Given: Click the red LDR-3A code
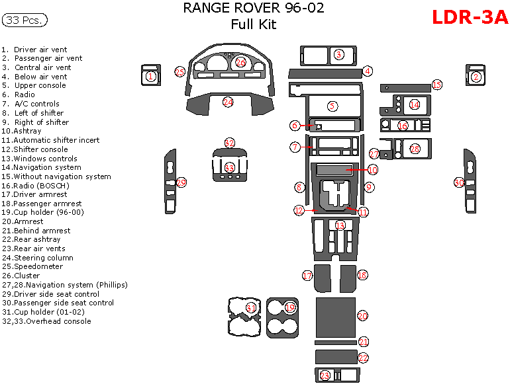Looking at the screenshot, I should pos(470,17).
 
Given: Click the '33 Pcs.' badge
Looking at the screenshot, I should pos(25,20).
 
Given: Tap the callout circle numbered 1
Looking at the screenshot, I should pos(150,77).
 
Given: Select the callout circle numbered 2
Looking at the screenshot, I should pos(476,77).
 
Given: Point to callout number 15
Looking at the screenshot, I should pos(436,85).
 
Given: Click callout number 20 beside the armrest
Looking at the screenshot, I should pos(362,317).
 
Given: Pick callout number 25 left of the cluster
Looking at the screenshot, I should pos(179,71).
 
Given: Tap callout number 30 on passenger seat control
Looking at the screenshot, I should pos(458,182).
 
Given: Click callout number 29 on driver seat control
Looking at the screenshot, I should pos(181,182).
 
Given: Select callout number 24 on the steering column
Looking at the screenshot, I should pos(228,102).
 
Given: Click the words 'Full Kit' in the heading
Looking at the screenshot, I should pos(254,25).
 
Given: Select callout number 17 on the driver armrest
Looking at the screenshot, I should pos(307,275).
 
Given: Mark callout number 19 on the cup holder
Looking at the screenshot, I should pos(290,307).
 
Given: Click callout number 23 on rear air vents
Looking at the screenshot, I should pos(325,375).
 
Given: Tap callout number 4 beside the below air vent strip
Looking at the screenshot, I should pos(367,71).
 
